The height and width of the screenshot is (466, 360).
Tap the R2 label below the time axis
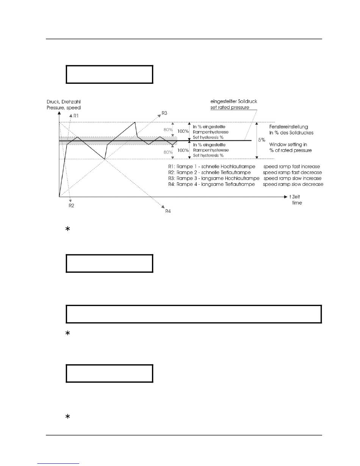click(x=71, y=205)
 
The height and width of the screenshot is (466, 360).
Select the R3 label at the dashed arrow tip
click(x=164, y=113)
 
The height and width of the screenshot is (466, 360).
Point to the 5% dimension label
click(x=261, y=140)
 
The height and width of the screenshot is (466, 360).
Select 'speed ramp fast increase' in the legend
click(x=292, y=166)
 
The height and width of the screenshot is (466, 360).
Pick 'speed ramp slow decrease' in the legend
click(x=293, y=184)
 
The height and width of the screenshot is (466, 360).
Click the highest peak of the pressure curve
click(x=135, y=122)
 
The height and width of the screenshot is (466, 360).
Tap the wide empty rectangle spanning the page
click(x=194, y=314)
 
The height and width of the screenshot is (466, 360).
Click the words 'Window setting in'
click(x=290, y=144)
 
